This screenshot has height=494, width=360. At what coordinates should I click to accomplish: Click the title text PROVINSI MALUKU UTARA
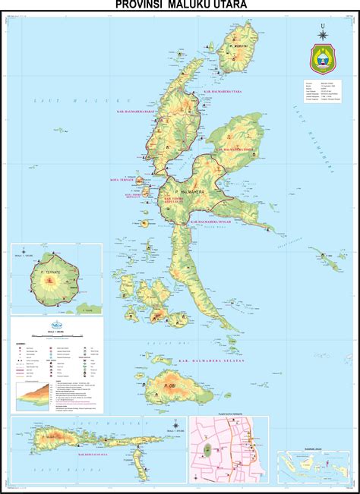click(x=180, y=5)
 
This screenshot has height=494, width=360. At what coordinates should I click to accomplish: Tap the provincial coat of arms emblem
click(x=324, y=57)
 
